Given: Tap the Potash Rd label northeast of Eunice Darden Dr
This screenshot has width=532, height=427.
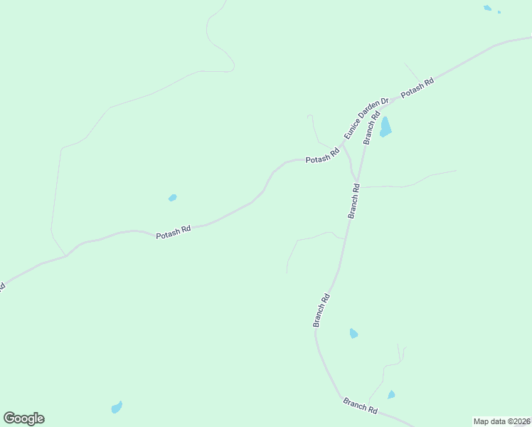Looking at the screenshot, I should click(x=417, y=88).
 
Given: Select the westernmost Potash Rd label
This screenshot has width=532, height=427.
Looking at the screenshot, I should click(x=174, y=231).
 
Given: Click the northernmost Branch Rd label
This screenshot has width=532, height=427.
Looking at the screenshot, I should click(x=372, y=128).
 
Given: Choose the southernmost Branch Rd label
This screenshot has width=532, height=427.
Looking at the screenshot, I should click(x=360, y=406).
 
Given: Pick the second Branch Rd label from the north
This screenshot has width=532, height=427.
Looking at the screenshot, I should click(x=354, y=201).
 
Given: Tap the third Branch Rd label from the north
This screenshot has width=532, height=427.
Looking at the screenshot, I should click(x=321, y=310).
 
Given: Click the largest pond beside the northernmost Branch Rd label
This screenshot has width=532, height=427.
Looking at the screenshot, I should click(x=385, y=127).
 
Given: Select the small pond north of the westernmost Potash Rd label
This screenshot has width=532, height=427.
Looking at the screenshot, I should click(x=172, y=198).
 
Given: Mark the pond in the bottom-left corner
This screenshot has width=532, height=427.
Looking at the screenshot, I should click(x=117, y=407).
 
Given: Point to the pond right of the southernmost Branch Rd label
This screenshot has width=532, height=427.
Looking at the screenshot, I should click(x=391, y=394).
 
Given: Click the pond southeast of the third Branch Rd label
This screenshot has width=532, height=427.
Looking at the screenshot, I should click(x=353, y=333).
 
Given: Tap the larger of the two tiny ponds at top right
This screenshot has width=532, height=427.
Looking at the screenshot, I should click(x=487, y=8).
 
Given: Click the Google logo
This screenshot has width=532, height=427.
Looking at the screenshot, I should click(x=23, y=418).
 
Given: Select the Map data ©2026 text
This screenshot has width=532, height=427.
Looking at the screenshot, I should click(x=502, y=421).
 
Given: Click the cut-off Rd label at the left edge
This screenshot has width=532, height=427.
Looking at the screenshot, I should click(x=2, y=288).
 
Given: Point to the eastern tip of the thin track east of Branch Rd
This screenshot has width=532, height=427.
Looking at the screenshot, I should click(x=456, y=170).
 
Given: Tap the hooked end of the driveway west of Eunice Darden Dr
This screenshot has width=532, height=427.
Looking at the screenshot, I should click(x=309, y=115).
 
